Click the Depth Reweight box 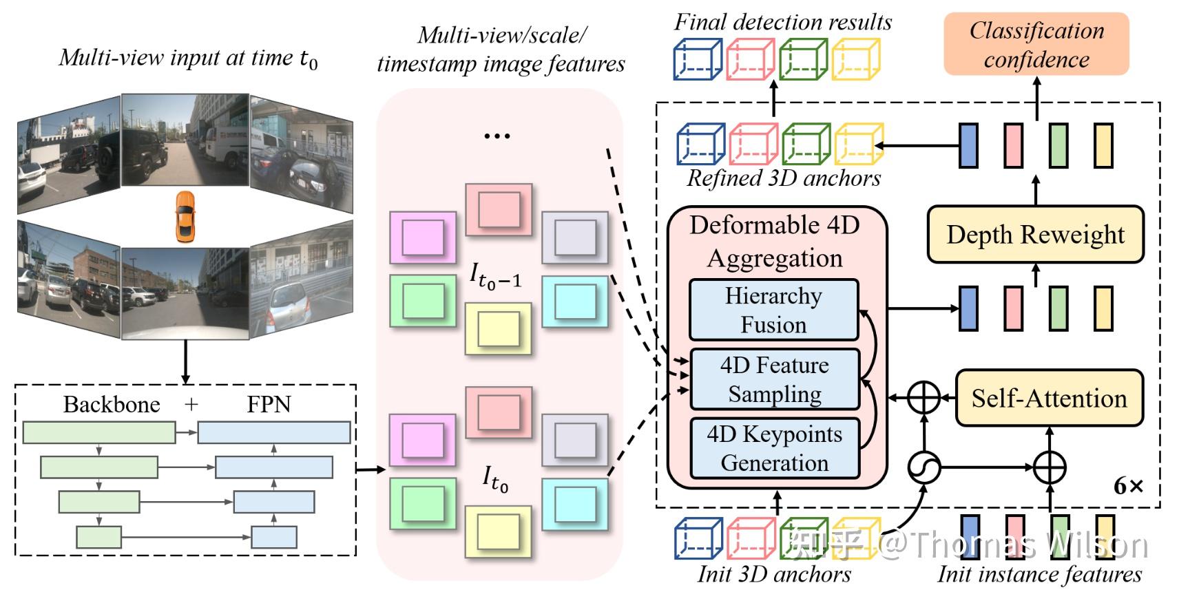(x=1035, y=235)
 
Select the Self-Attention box (x=1049, y=399)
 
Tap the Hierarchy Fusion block (x=774, y=310)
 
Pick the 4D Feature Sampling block (x=775, y=379)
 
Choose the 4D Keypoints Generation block (x=775, y=448)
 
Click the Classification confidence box (x=1036, y=44)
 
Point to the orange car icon (x=185, y=217)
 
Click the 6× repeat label (x=1128, y=487)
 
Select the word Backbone (x=112, y=404)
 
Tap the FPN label (x=269, y=404)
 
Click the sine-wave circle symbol (x=924, y=468)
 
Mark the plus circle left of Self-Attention (x=924, y=399)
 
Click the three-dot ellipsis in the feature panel (x=497, y=136)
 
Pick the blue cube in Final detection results (x=697, y=59)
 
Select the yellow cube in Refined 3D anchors (x=858, y=144)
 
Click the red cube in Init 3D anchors (x=751, y=538)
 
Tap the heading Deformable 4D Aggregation (x=775, y=241)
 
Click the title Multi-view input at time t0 (x=188, y=58)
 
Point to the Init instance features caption (x=1039, y=574)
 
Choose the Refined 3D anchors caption (x=784, y=178)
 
